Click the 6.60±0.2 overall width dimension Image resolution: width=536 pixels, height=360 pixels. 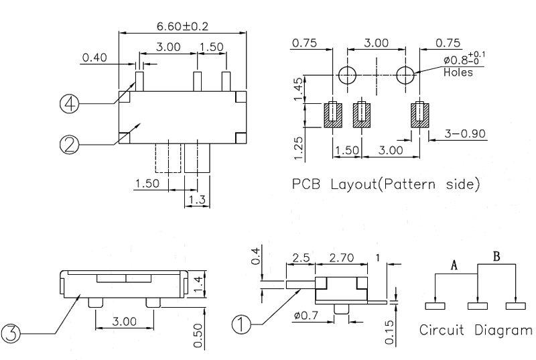(x=182, y=26)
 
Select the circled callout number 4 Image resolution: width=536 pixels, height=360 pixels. (x=70, y=103)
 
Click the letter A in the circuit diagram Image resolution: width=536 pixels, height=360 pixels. (x=453, y=265)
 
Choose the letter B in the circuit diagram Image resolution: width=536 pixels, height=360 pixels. (x=496, y=255)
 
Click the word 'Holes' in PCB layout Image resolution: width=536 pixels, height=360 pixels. (x=458, y=72)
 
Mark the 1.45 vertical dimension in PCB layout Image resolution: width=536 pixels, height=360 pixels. (x=301, y=87)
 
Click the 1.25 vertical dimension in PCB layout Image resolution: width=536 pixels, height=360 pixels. (x=301, y=145)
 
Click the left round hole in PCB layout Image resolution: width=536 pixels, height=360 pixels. (x=347, y=75)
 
